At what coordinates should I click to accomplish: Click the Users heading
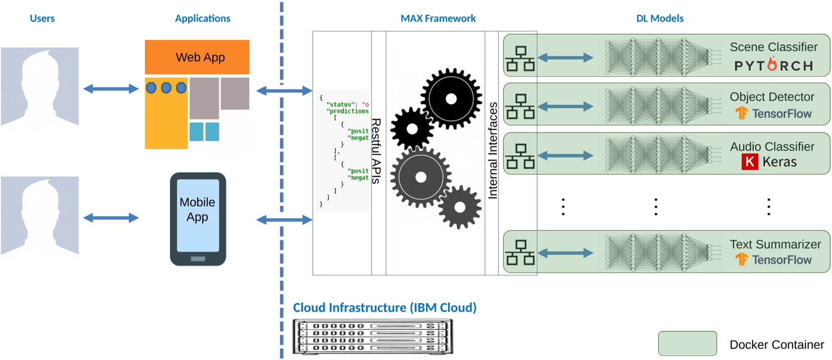42,19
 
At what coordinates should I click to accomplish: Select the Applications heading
202,19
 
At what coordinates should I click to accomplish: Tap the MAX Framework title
438,19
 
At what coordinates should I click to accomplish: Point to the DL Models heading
659,19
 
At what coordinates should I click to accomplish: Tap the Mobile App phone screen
198,215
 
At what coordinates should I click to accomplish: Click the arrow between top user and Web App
111,89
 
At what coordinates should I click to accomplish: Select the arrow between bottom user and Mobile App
111,218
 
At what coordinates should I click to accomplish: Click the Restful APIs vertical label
376,151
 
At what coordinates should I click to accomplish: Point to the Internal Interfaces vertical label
493,151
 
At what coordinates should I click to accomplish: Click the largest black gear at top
451,99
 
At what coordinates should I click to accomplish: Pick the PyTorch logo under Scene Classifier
773,66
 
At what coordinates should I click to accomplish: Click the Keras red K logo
750,162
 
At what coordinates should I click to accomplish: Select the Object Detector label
772,96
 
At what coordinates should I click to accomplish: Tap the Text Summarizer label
775,244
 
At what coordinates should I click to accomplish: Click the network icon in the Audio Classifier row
520,156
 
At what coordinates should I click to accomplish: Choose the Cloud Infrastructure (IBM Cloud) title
384,307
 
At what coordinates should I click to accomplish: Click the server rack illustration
372,336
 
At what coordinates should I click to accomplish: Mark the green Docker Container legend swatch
687,343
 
